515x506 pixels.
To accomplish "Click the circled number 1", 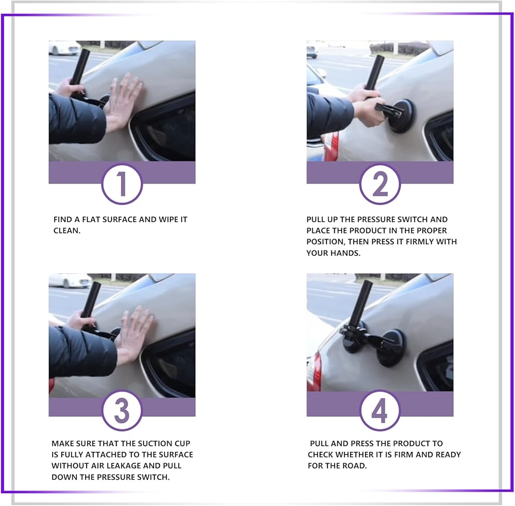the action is tap(122, 184).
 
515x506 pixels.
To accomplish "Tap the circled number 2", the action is tap(380, 184).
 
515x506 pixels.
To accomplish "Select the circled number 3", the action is tap(122, 410).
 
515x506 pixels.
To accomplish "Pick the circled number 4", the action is tap(380, 410).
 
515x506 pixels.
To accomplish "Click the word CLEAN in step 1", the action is tap(66, 231).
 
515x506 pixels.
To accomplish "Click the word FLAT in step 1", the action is tap(91, 220).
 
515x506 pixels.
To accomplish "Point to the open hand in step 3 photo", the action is tap(133, 334).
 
